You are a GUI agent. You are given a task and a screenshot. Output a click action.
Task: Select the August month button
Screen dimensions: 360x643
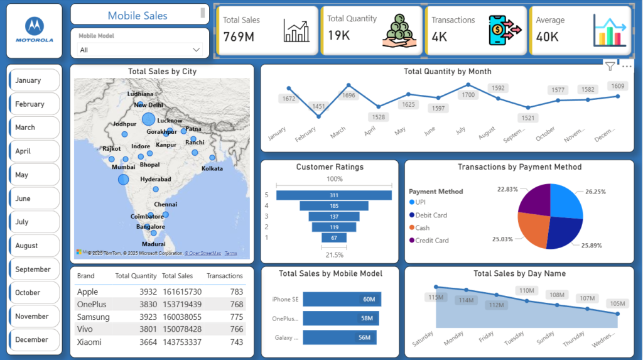pos(35,246)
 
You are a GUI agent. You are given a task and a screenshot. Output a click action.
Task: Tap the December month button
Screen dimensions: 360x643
pos(35,340)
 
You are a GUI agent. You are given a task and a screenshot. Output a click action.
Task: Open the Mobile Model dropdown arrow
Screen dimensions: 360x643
pos(197,50)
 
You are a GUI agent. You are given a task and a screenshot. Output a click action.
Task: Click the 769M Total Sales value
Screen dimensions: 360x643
pos(239,37)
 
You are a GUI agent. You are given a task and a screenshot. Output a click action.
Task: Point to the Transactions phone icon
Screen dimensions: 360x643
pos(505,31)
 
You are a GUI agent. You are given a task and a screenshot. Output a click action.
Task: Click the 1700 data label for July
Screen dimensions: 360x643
pos(468,95)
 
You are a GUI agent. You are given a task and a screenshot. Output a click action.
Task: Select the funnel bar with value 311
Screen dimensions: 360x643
pos(333,195)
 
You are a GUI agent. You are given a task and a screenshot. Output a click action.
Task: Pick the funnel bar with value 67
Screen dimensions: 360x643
pos(333,237)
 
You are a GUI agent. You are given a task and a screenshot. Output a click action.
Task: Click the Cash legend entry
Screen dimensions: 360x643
pos(422,227)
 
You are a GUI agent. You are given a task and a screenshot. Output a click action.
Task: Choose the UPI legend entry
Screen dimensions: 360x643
pos(420,202)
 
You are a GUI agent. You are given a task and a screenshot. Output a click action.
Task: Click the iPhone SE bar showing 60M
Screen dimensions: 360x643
pos(342,299)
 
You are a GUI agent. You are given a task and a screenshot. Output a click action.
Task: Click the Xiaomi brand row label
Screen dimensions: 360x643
pos(89,342)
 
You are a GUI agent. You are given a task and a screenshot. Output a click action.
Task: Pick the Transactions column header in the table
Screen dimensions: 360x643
pos(224,276)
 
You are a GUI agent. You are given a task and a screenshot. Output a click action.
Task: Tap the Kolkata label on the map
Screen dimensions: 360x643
pos(212,168)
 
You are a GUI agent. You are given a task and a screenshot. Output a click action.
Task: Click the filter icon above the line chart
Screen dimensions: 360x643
pos(609,66)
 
